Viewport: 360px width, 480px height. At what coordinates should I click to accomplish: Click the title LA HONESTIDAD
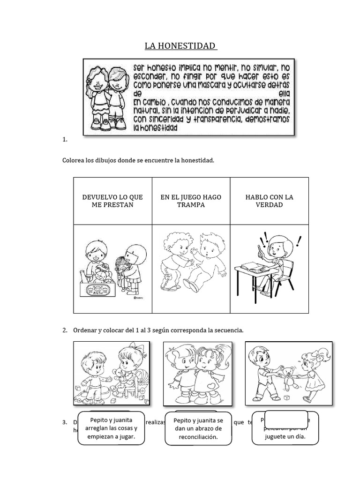pos(180,46)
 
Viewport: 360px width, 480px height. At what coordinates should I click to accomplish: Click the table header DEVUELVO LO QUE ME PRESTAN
pos(112,201)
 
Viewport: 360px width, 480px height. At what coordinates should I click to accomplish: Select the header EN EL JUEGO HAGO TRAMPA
pos(191,201)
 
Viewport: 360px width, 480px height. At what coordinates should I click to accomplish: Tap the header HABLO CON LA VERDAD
pos(269,201)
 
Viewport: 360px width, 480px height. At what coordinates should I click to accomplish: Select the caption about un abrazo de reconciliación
pos(195,428)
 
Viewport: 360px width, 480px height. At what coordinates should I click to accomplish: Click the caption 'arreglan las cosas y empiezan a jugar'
pos(111,428)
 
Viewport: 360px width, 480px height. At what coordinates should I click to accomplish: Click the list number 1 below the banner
pos(64,139)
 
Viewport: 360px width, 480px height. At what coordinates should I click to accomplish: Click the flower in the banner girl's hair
pos(88,81)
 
